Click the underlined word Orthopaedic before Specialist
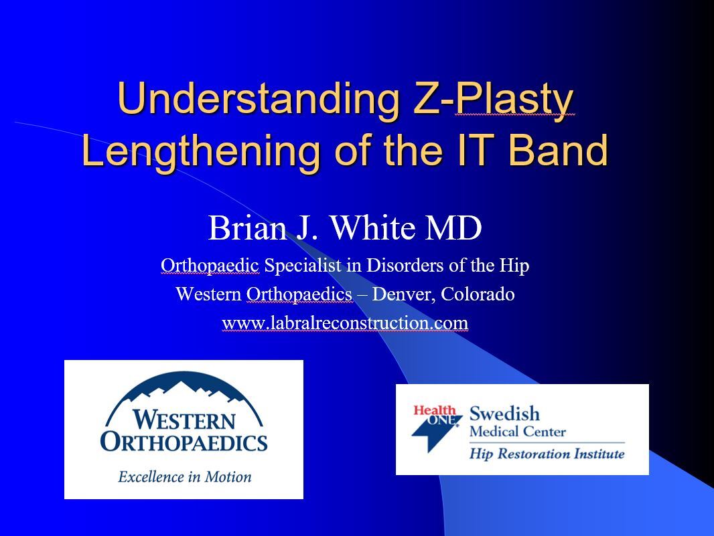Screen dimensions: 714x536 click(210, 265)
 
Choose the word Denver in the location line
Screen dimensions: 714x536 click(401, 294)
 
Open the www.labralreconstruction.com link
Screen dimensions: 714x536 click(345, 323)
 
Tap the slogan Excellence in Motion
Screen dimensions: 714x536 click(184, 476)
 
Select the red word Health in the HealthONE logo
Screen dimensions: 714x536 click(435, 410)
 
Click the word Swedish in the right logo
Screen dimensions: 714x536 click(504, 414)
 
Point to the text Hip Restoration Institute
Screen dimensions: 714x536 click(547, 454)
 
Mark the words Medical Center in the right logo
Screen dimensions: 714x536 click(518, 432)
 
